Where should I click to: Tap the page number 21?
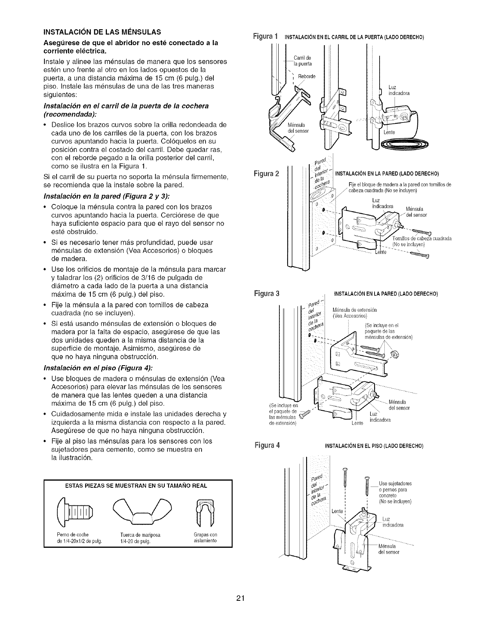(241, 598)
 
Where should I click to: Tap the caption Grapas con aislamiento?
(205, 537)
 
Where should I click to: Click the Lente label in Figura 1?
(389, 132)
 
